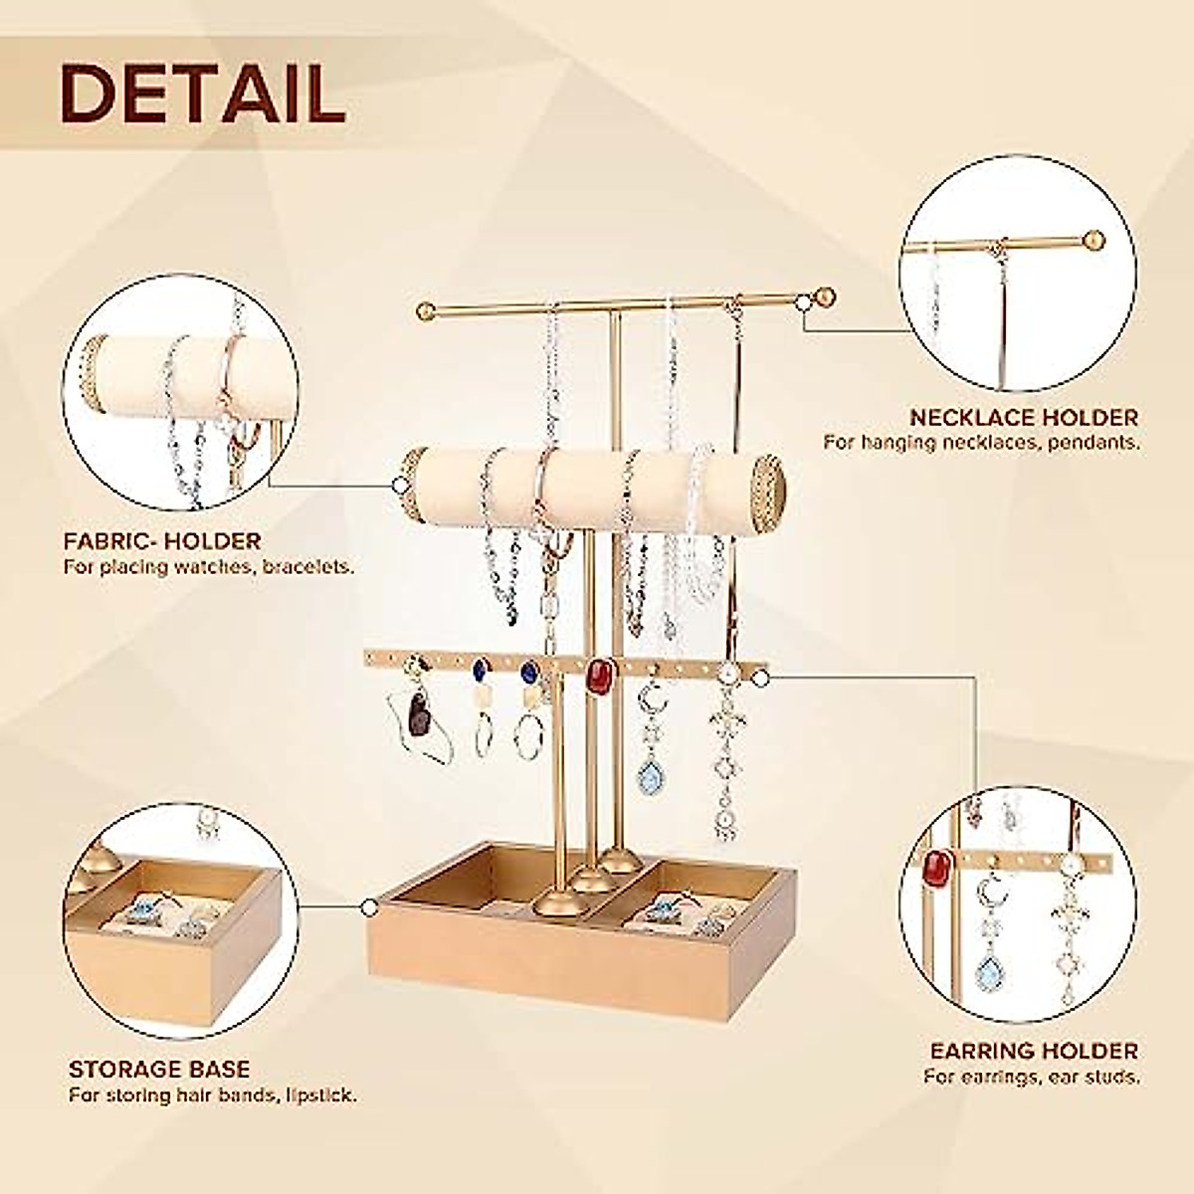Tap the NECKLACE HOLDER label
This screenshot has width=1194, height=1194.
tap(1024, 418)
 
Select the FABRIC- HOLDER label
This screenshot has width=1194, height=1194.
tap(162, 542)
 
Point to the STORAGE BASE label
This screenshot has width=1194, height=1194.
tap(159, 1071)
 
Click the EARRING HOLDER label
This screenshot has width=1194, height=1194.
tap(1034, 1051)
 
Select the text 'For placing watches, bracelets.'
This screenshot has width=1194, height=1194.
tap(209, 567)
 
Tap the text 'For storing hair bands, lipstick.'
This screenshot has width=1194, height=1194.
tap(213, 1095)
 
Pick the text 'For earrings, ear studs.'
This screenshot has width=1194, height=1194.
tap(1032, 1077)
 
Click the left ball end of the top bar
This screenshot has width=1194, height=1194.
tap(427, 307)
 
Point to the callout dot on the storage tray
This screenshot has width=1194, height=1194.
tap(370, 907)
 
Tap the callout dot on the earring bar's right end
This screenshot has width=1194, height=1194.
tap(762, 679)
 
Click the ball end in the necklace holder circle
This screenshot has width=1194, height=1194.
tap(1092, 240)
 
